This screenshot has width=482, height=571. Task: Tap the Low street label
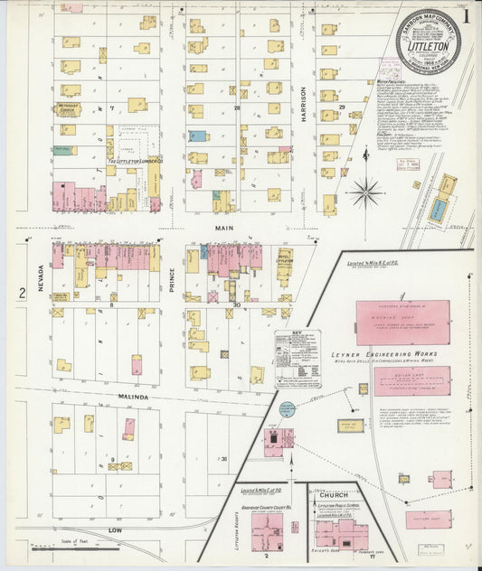coord(115,529)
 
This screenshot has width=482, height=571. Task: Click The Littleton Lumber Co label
coord(133,162)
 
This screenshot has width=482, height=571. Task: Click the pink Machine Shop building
coord(402,323)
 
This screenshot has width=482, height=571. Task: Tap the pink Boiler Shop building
coord(411,380)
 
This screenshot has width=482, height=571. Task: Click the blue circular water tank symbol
coord(287,409)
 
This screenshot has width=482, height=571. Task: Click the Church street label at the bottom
coord(325,495)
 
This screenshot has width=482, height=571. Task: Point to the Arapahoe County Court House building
coord(267,529)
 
